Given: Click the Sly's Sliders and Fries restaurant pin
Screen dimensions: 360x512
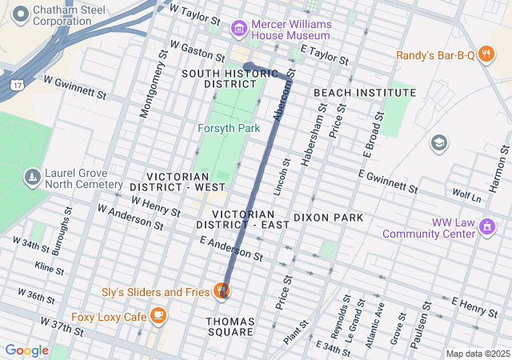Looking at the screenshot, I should tap(222, 291).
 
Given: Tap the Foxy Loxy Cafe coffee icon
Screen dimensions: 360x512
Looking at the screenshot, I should tap(158, 316).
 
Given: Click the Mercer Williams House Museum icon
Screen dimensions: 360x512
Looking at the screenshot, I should tap(238, 30).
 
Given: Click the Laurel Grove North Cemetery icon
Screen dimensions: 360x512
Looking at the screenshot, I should tap(31, 176).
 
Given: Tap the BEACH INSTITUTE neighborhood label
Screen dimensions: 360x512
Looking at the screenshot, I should tap(364, 93).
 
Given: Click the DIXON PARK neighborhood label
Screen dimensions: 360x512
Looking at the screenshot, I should tap(328, 217).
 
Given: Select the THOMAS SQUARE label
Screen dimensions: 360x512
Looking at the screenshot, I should tap(230, 326).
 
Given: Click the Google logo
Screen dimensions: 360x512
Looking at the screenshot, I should tap(26, 350).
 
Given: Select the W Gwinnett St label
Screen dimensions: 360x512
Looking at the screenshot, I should tap(74, 86).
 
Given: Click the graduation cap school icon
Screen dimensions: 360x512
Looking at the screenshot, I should tap(438, 143).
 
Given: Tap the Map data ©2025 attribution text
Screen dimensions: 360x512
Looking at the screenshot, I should tap(477, 354).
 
